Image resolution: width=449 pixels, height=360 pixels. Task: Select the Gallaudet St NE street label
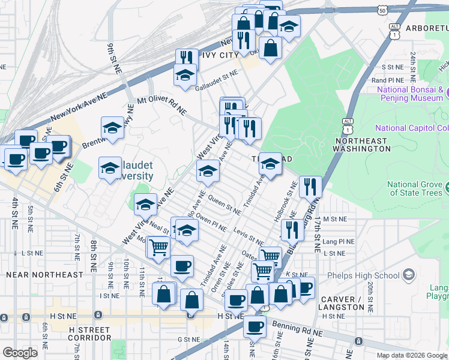(x=216, y=88)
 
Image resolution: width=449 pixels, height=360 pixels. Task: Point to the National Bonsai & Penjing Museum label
(x=409, y=94)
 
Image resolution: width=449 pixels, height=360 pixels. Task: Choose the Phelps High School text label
(x=363, y=276)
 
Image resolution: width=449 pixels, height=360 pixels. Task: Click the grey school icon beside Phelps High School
(x=409, y=275)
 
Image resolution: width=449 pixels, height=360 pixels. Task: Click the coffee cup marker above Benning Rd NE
(x=255, y=326)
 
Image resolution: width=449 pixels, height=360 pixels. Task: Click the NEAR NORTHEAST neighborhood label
(x=44, y=274)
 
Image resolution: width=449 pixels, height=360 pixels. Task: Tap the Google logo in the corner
(x=20, y=353)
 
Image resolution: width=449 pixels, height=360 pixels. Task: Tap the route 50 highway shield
(x=383, y=10)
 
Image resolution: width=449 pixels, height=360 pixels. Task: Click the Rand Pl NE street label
(x=388, y=80)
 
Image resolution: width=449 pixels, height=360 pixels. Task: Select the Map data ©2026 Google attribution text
(x=411, y=355)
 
